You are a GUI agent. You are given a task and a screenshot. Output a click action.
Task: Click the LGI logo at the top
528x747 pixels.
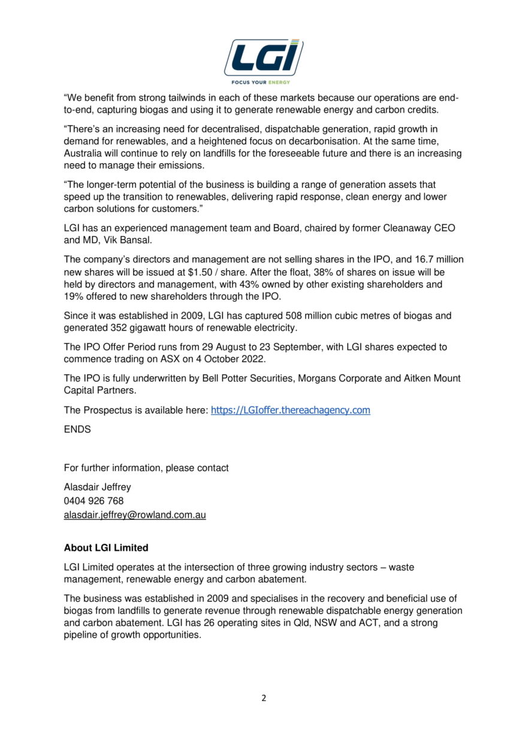264,58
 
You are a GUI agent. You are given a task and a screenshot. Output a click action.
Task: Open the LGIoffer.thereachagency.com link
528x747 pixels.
290,411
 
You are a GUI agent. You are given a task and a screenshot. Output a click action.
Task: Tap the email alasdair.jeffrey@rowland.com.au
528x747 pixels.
135,515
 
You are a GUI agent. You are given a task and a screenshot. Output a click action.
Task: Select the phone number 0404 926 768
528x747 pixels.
93,501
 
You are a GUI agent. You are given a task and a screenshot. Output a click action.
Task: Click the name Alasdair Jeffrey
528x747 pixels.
97,487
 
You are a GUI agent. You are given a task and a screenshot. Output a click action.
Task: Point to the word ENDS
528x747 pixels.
77,429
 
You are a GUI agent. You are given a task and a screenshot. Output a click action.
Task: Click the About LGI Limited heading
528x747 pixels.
106,548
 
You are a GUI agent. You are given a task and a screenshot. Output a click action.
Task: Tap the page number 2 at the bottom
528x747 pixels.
264,698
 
